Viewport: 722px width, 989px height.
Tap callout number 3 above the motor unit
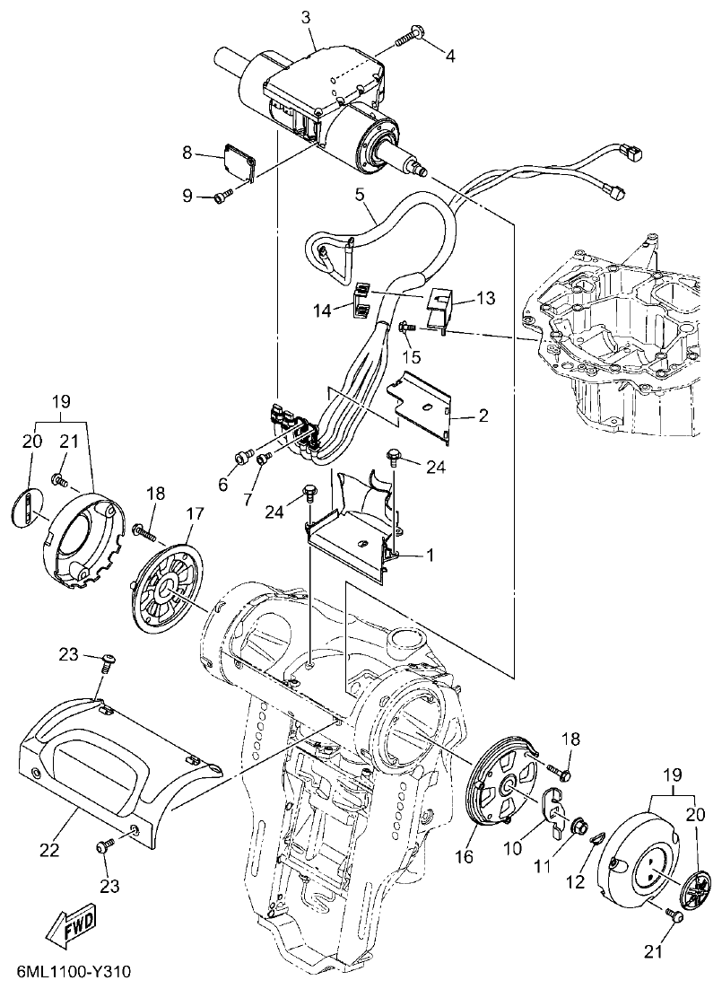coord(307,17)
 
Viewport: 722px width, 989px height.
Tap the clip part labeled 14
coord(360,301)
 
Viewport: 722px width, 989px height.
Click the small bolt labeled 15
coord(406,328)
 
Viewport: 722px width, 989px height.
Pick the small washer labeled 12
coord(596,838)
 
